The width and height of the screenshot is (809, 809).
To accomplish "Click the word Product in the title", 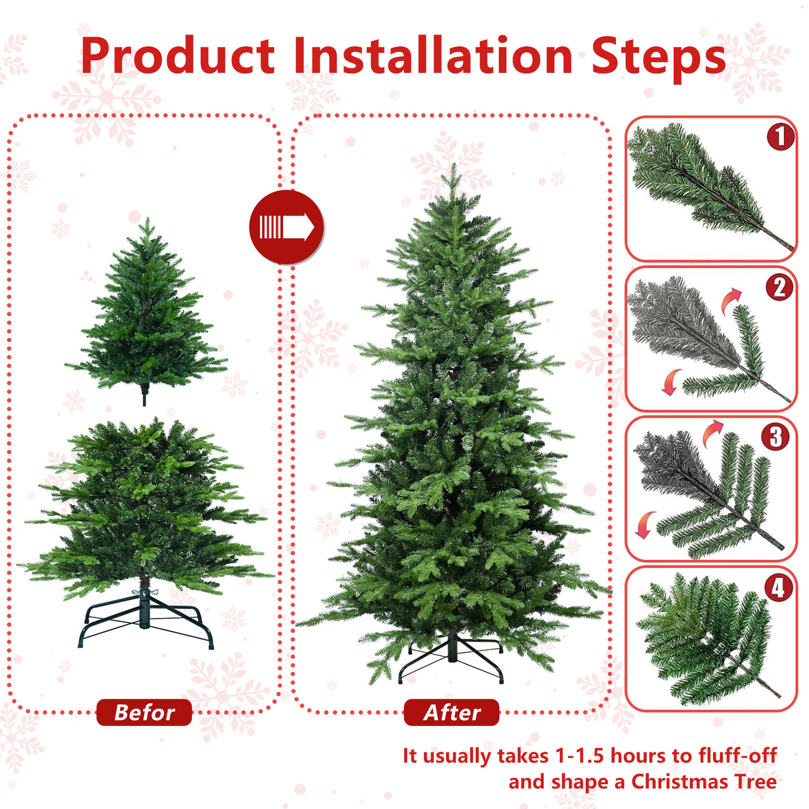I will point(178,56).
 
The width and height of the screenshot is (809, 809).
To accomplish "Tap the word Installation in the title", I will point(433,56).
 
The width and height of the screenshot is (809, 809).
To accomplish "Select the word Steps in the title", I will point(658,58).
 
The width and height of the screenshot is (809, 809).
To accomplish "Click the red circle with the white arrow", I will point(286,227).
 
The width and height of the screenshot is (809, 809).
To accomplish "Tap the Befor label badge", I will point(144,712).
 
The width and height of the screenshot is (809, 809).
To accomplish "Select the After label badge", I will point(451,712).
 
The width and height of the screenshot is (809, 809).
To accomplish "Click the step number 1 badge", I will point(780,137).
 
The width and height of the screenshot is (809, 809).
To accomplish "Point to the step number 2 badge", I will point(780,287).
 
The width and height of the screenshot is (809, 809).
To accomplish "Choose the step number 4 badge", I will point(778,588).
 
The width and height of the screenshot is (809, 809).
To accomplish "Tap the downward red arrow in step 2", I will point(671,382).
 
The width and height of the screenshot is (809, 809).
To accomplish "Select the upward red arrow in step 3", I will point(712,433).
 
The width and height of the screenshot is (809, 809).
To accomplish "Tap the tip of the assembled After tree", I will point(454,168).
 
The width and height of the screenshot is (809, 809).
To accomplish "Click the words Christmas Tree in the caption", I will point(703,781).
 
